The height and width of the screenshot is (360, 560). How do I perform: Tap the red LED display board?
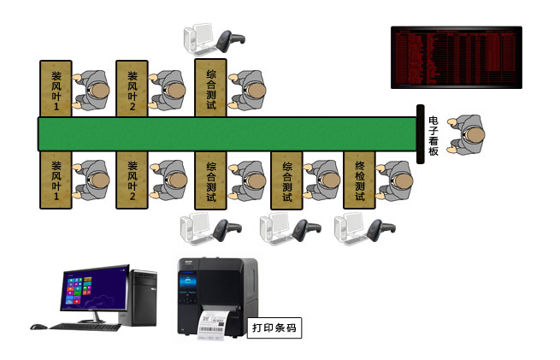click(x=456, y=56)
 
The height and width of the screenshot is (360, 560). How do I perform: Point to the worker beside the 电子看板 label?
click(x=468, y=134)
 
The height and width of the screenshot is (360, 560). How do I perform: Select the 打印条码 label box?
click(x=274, y=327)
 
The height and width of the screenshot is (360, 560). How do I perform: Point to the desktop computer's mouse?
click(x=37, y=326)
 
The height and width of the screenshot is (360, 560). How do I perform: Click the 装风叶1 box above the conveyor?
click(x=56, y=88)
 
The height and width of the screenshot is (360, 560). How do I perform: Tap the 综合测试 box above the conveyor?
click(x=210, y=88)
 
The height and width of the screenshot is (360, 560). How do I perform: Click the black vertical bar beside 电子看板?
click(x=421, y=134)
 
